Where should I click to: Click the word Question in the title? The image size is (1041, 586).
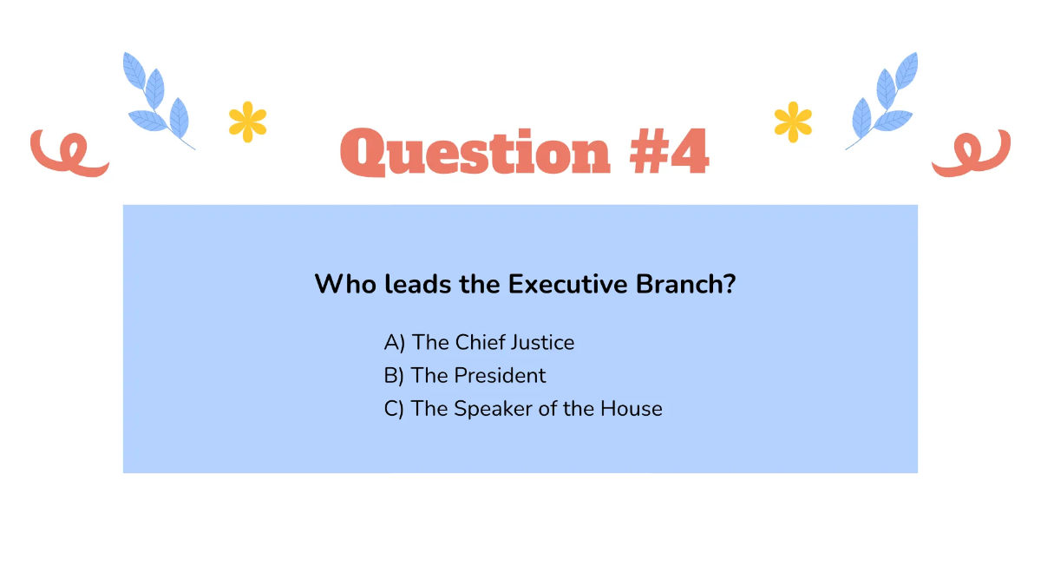[475, 153]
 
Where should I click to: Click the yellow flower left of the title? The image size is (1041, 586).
[247, 122]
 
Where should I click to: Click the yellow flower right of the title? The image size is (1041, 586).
[793, 122]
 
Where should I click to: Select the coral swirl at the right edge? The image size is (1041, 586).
[972, 153]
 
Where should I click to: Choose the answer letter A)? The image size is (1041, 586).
[395, 343]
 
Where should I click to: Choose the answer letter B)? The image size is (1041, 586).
[395, 376]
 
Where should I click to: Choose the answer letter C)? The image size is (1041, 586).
[395, 409]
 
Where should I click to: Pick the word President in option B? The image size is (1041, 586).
[501, 376]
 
